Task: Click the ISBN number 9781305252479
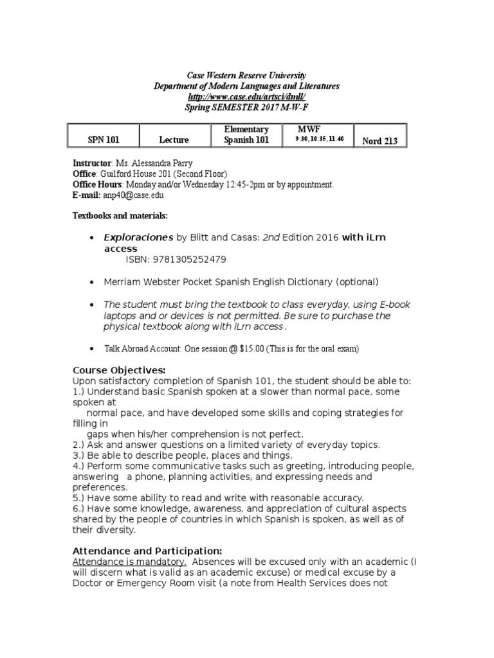click(176, 259)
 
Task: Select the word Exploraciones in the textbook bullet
click(138, 237)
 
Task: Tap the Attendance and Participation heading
click(147, 551)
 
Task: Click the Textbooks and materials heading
click(120, 215)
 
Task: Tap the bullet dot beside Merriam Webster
click(94, 282)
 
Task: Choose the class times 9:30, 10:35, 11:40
click(320, 139)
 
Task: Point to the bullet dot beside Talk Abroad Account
click(94, 348)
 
